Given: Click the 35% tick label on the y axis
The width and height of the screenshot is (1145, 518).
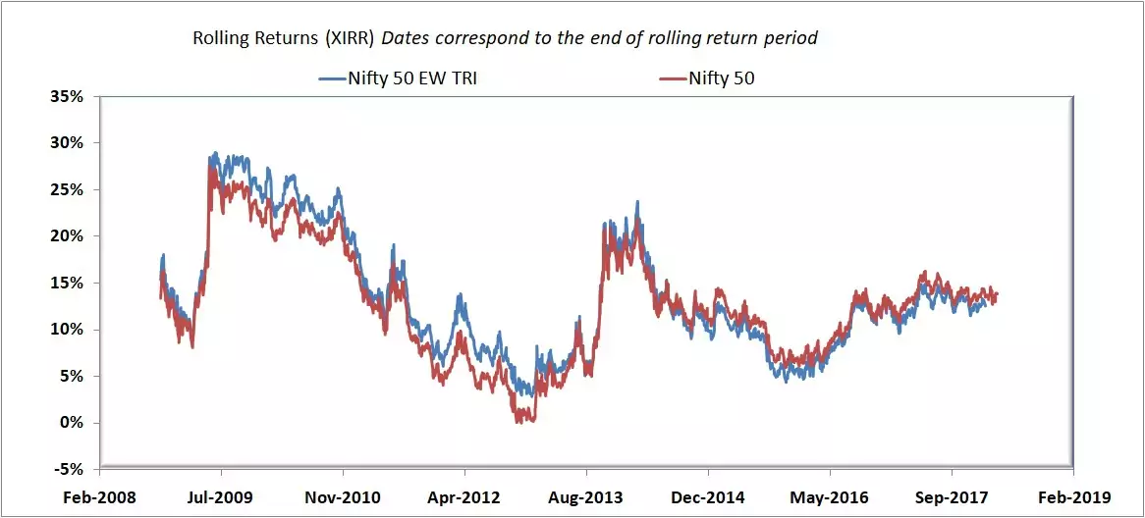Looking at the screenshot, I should pos(69,96).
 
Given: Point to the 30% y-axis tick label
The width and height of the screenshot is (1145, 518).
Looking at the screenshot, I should pos(69,143).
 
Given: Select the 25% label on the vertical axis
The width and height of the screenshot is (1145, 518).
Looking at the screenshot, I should pos(69,189).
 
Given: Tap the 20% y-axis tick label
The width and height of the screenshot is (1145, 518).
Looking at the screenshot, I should pos(69,236).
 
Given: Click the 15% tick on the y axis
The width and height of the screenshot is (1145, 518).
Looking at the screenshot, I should pos(69,283).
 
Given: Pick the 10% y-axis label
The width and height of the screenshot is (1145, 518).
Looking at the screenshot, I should pos(69,330).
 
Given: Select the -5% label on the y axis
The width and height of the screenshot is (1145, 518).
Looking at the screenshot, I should pos(71,469).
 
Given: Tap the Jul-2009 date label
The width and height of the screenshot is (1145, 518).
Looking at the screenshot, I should pos(220,497).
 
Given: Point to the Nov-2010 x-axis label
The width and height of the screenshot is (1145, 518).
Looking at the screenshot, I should pos(342,497).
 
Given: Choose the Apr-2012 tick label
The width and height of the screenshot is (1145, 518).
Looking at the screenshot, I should pos(463,497).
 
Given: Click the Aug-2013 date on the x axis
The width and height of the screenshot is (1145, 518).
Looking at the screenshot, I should pos(585,497).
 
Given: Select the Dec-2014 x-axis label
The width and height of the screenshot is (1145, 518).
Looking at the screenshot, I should pos(707,497).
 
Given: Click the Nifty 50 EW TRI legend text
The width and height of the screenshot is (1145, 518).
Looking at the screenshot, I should pos(412,78).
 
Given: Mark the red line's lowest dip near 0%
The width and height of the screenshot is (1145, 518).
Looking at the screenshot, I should pos(518,422).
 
